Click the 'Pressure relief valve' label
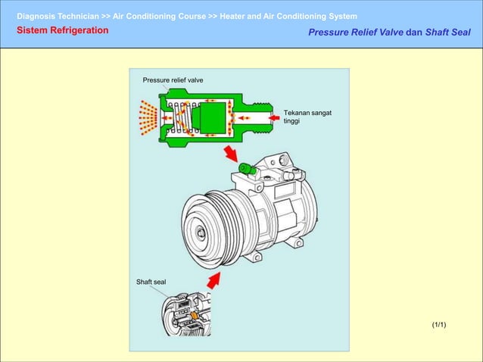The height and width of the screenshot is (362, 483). pos(173,80)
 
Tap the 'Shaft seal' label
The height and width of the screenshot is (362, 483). pos(151,282)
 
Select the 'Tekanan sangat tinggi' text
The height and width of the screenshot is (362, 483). pos(307,117)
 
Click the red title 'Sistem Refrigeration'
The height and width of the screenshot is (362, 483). pos(63,30)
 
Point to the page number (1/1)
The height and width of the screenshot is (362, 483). pos(439,325)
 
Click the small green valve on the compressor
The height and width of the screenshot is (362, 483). pos(245,168)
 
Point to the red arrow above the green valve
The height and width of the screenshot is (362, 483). pos(230,154)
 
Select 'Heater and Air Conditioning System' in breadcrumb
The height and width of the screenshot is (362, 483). pos(288,16)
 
